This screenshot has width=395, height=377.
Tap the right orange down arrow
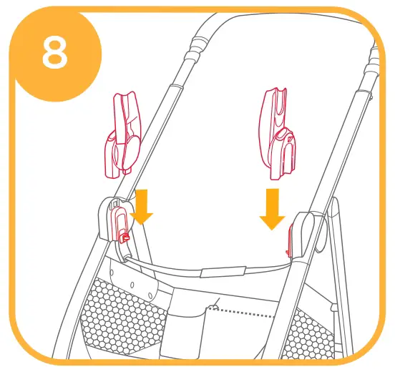click(272, 209)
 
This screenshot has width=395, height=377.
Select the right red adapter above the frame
click(278, 132)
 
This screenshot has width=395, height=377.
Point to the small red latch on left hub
click(123, 235)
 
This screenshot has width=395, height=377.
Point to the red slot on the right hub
click(291, 239)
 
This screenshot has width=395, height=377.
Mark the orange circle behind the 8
click(43, 43)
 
